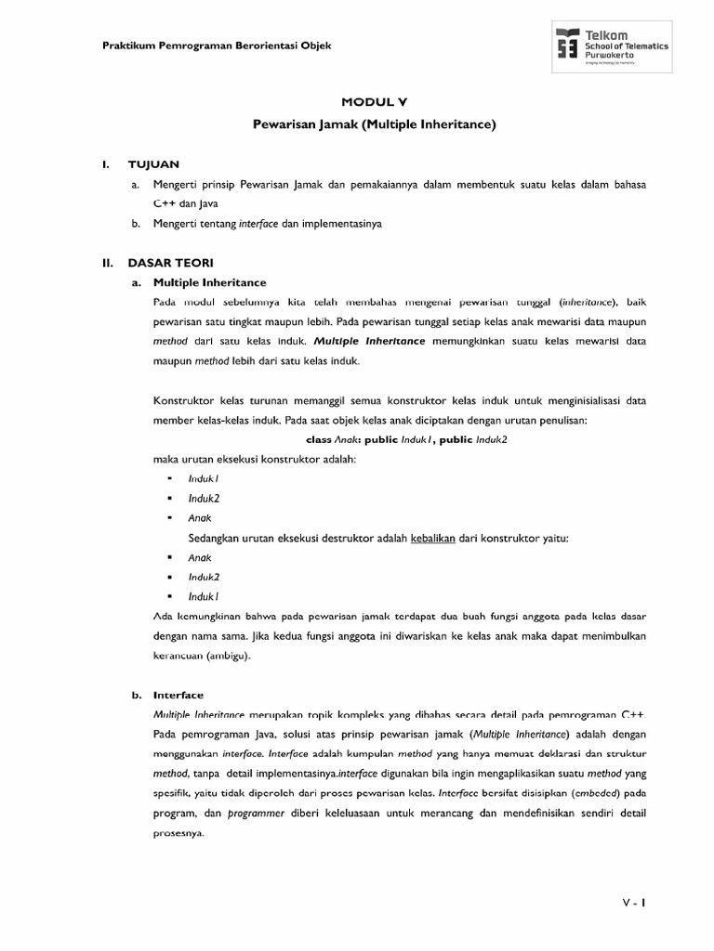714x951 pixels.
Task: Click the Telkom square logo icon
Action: coord(567,45)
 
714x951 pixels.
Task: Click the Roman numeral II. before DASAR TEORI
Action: coord(108,264)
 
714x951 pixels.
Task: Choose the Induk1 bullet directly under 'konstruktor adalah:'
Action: coord(203,478)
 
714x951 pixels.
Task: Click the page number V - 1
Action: coord(634,903)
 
